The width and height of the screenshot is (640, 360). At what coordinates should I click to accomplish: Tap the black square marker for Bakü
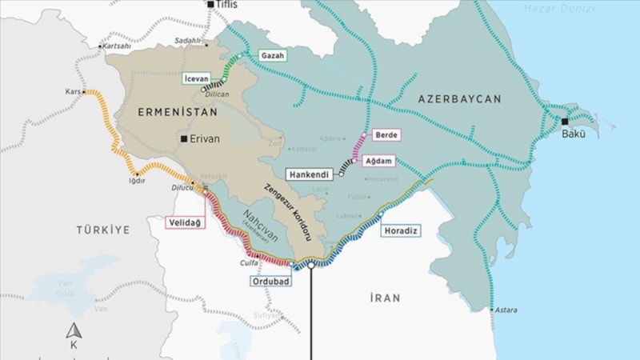565,122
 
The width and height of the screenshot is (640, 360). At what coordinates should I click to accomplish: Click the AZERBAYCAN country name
459,99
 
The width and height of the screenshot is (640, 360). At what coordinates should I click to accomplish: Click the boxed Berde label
386,134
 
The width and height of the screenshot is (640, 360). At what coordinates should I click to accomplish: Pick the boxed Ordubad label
270,281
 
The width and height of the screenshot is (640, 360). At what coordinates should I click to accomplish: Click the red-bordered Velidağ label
185,222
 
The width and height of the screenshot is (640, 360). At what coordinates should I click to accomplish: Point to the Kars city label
73,92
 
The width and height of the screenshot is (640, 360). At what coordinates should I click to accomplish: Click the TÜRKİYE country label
102,230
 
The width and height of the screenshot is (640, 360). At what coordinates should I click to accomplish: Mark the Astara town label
505,310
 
